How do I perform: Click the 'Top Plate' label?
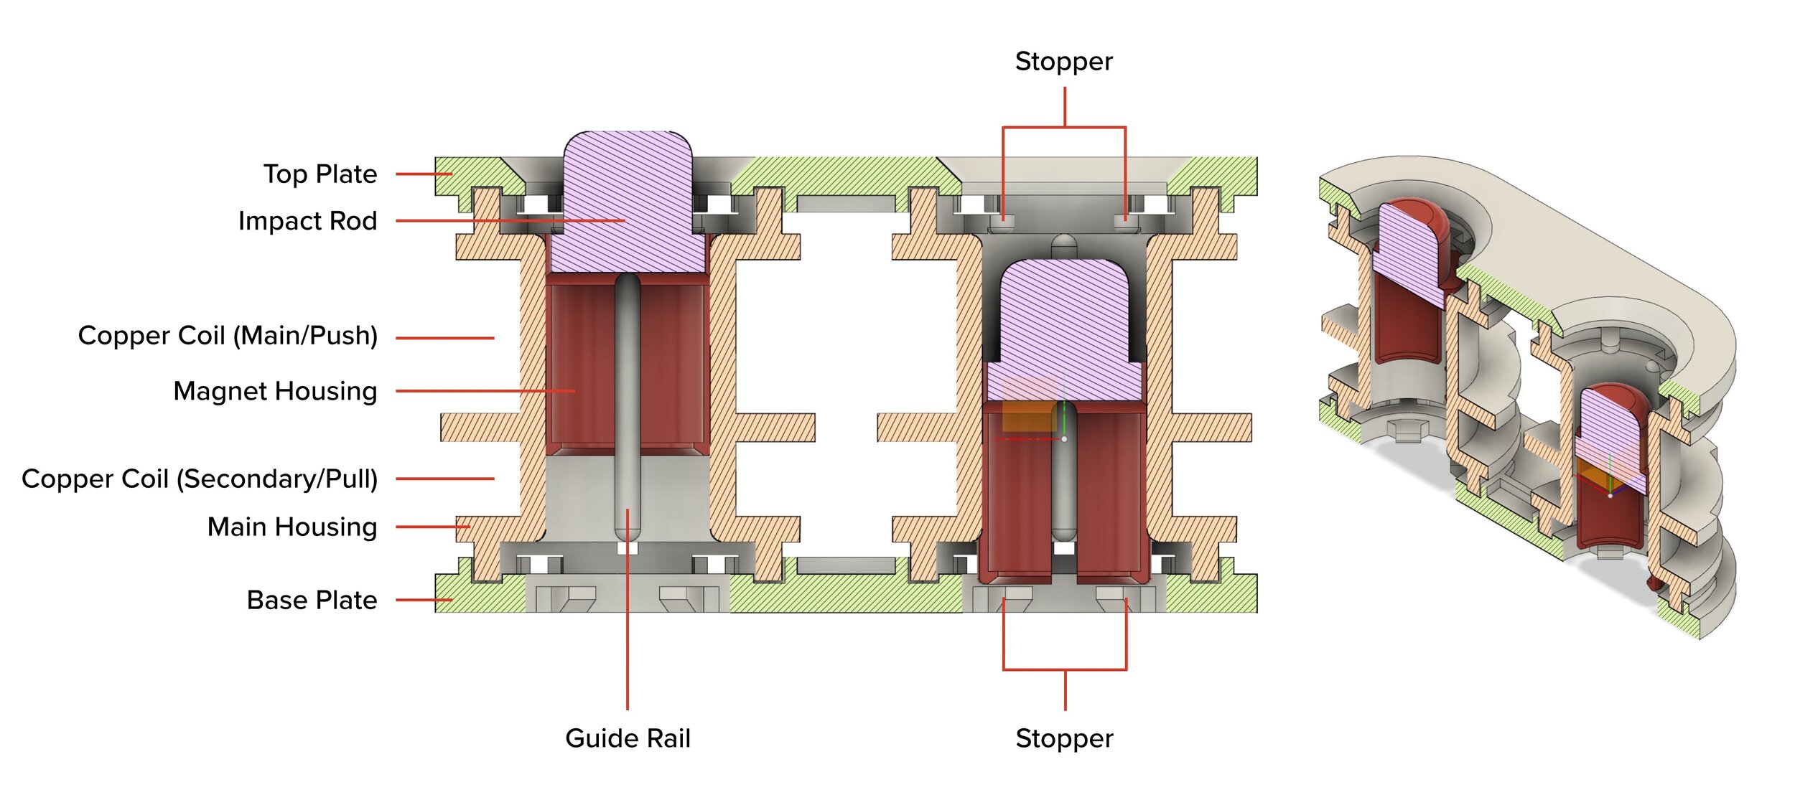320,174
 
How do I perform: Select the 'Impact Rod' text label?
307,221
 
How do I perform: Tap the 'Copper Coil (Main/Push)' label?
228,336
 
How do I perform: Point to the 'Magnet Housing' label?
275,391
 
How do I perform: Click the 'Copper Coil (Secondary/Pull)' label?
200,479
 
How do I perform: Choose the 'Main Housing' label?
292,527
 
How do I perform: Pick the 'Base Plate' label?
312,600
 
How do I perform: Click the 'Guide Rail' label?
628,738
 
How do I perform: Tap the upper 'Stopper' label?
1064,62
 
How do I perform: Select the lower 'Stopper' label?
1064,739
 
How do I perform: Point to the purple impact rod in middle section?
1064,330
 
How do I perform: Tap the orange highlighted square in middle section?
1028,415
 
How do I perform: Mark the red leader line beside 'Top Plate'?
424,174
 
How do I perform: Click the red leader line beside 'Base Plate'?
424,600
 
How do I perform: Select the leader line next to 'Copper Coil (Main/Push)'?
445,337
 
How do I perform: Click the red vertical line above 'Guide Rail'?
628,609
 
